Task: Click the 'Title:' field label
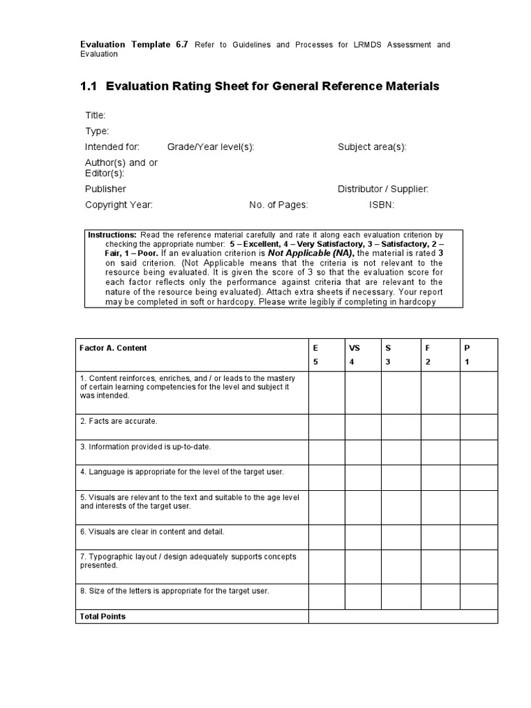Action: [x=95, y=115]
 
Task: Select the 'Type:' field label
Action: [x=97, y=131]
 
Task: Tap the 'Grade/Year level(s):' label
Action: [x=206, y=147]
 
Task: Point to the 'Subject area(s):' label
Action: [x=372, y=147]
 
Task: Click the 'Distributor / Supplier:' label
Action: [x=383, y=189]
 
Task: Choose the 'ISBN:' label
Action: [x=382, y=205]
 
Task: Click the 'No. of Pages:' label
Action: [x=279, y=205]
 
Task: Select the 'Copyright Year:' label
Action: [x=119, y=205]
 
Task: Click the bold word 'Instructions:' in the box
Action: [x=112, y=235]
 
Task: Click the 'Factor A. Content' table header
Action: [x=113, y=348]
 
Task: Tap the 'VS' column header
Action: [x=355, y=348]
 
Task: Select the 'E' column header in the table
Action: [x=316, y=348]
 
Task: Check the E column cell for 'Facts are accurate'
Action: [x=326, y=427]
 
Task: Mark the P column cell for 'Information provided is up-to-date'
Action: [x=478, y=452]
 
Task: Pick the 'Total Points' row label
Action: [x=103, y=616]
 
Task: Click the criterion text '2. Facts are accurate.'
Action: [x=119, y=421]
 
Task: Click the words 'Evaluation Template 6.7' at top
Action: [x=134, y=45]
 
